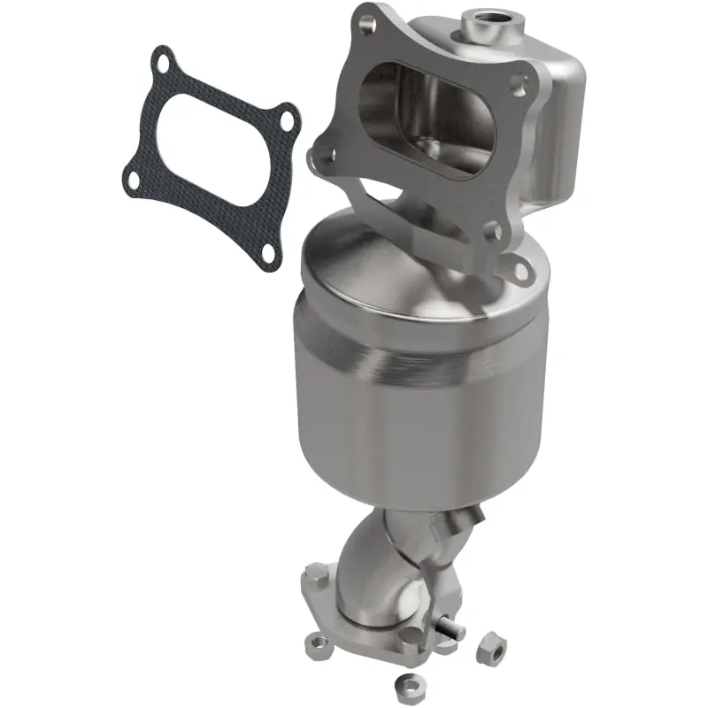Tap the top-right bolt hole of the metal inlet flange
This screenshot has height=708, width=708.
coord(522,84)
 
